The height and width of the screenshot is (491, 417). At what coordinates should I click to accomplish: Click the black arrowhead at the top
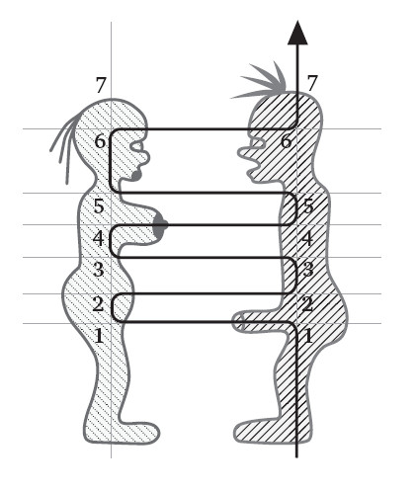tap(297, 33)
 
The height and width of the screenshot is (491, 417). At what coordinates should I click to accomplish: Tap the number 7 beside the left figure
tap(101, 85)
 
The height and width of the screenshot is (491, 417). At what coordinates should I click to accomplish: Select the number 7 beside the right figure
tap(312, 83)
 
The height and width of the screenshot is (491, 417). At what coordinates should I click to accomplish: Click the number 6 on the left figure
tap(100, 141)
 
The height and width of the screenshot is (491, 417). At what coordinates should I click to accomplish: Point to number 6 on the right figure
tap(287, 141)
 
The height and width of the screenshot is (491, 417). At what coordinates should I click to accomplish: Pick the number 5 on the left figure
tap(99, 206)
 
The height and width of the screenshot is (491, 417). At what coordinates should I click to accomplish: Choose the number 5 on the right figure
tap(308, 206)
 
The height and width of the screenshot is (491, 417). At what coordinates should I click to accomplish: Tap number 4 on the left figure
tap(99, 238)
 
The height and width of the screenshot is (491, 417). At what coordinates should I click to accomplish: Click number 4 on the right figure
tap(307, 238)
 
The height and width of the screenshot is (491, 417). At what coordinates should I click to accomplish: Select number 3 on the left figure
tap(99, 270)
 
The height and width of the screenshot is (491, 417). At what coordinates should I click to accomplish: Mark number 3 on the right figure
tap(308, 270)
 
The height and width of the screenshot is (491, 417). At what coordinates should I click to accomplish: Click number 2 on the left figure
tap(98, 304)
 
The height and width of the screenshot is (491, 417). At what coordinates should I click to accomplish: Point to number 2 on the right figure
tap(307, 304)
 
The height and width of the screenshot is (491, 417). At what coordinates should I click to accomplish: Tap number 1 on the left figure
tap(99, 336)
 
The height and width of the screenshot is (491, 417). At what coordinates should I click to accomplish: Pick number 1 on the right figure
tap(308, 336)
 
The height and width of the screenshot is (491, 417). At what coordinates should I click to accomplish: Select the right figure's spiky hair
tap(264, 82)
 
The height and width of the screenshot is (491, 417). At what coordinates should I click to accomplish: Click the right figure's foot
tap(254, 431)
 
